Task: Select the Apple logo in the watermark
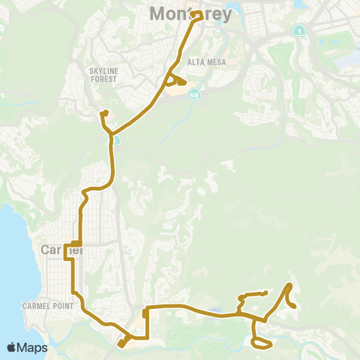click(x=12, y=347)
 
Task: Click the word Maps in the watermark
click(x=34, y=347)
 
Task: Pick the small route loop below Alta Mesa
click(x=177, y=82)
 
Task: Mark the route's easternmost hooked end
click(x=295, y=306)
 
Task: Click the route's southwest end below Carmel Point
click(x=120, y=345)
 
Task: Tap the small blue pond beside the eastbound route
click(x=216, y=311)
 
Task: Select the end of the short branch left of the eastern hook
click(x=265, y=292)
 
